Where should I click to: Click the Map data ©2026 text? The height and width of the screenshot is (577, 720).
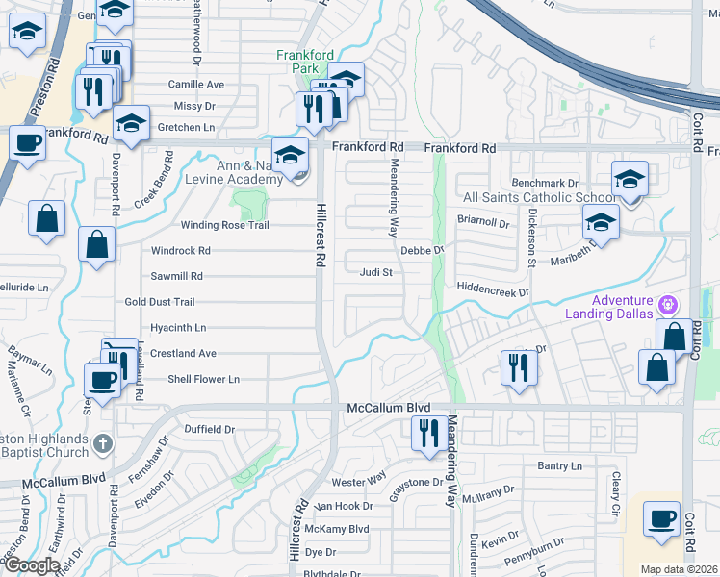pyautogui.click(x=679, y=569)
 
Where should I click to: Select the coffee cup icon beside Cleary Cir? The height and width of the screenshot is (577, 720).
pyautogui.click(x=661, y=519)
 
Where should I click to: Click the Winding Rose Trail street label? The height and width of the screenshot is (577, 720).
pyautogui.click(x=224, y=225)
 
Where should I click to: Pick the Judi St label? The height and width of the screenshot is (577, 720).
pyautogui.click(x=376, y=272)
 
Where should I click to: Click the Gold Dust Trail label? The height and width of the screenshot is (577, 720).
pyautogui.click(x=160, y=302)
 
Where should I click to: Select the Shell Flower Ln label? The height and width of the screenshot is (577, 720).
pyautogui.click(x=203, y=379)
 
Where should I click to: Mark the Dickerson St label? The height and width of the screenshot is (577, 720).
pyautogui.click(x=530, y=237)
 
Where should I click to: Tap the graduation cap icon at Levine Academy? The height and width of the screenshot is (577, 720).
pyautogui.click(x=290, y=154)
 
